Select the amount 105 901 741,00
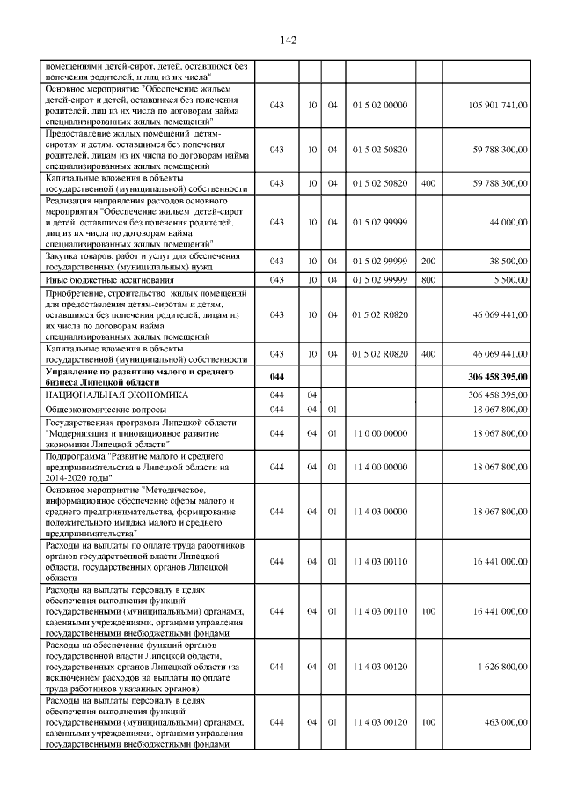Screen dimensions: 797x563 (499, 105)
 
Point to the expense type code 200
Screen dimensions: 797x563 (428, 262)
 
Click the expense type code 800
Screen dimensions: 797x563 (428, 279)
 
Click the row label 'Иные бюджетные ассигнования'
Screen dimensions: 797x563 (99, 279)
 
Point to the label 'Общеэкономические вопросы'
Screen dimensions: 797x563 (108, 410)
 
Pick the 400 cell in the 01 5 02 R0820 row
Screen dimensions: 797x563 (428, 354)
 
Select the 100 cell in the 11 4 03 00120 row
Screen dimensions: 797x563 (428, 722)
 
